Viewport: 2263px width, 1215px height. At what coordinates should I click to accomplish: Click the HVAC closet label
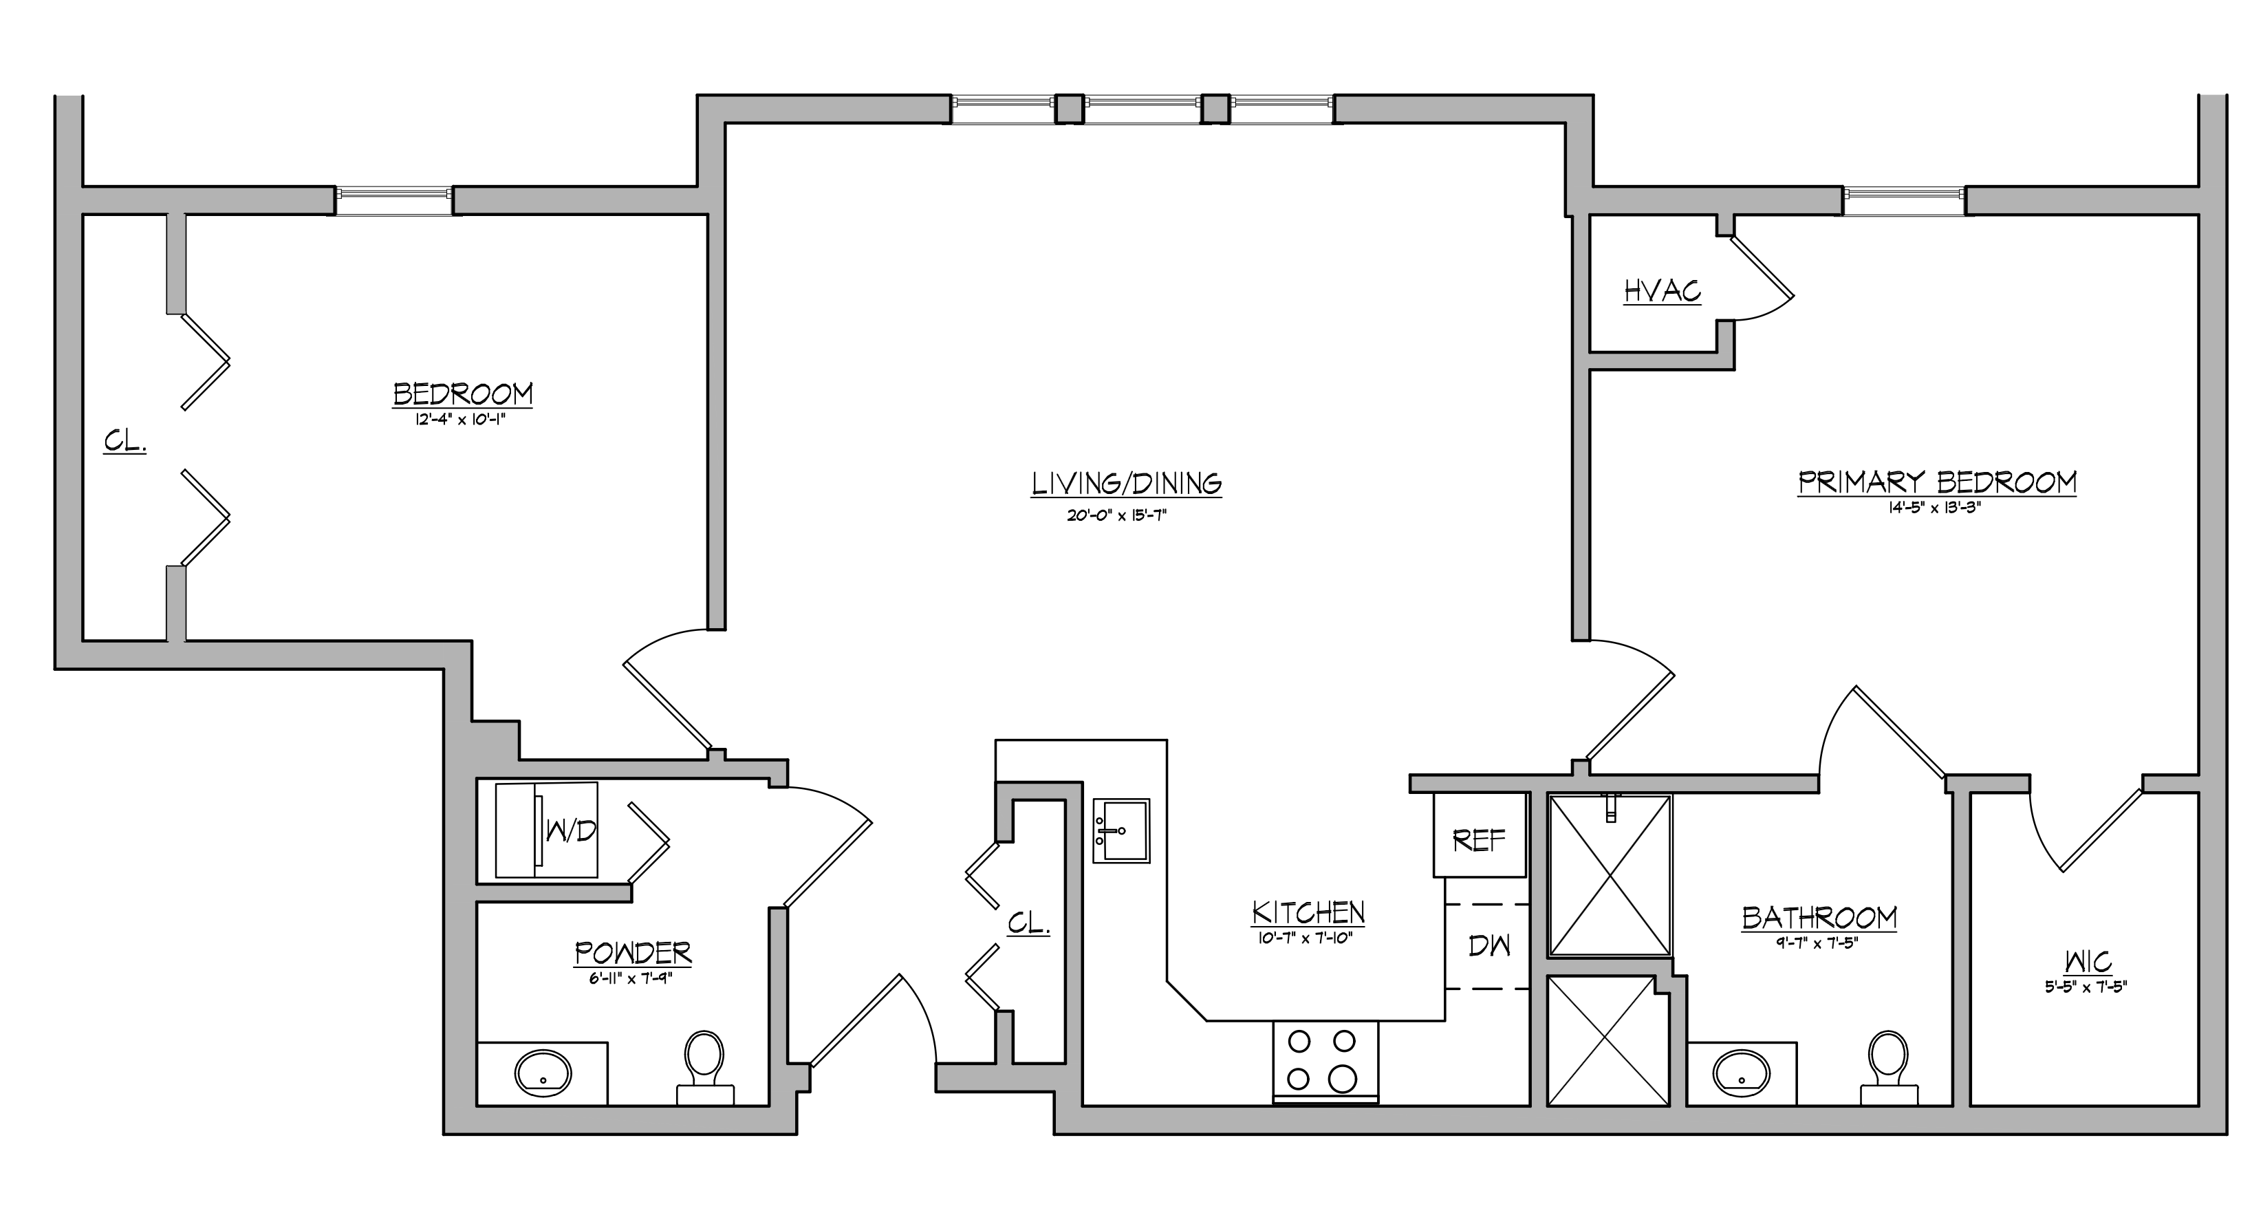1662,291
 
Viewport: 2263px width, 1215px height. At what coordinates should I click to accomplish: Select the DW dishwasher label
1490,946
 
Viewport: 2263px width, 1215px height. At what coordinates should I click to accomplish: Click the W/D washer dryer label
571,830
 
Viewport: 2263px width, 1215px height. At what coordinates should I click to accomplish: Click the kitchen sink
1121,830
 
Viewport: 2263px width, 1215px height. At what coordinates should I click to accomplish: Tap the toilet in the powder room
704,1066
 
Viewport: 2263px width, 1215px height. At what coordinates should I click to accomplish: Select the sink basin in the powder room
543,1073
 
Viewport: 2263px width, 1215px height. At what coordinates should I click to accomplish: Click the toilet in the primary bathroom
1889,1066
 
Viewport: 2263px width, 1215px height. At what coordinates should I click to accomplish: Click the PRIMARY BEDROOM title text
1937,482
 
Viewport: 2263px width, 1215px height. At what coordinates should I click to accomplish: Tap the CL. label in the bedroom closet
124,441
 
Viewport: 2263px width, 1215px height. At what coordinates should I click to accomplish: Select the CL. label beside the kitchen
1029,923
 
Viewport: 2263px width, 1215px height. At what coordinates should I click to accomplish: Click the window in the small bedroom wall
394,201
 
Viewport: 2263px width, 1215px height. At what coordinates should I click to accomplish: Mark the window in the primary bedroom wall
1904,201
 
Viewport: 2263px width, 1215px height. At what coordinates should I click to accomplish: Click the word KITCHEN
1309,913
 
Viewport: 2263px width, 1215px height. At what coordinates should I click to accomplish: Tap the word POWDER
634,952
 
